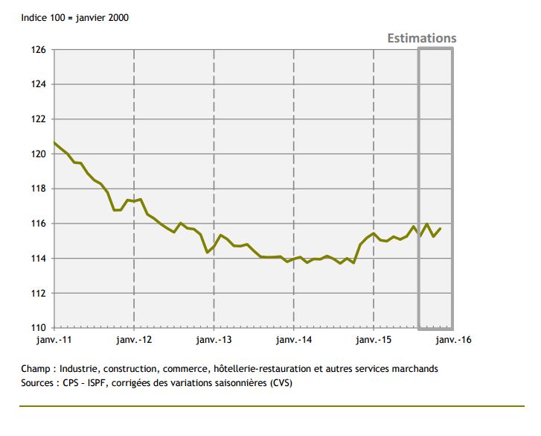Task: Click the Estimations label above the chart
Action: [421, 38]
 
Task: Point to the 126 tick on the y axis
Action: [39, 50]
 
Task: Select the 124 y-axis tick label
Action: [39, 84]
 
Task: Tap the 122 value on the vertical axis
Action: [39, 119]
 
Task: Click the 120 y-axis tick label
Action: [39, 154]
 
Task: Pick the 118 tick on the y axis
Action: [39, 189]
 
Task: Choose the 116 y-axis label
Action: [39, 224]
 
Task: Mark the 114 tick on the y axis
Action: [39, 259]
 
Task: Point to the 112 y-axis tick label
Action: [39, 293]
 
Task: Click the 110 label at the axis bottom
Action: [39, 328]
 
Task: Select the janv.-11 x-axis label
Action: [54, 340]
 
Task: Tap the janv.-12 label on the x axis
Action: [134, 340]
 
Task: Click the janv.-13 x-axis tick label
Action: [214, 340]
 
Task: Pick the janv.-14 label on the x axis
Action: [293, 340]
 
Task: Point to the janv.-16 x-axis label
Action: [452, 340]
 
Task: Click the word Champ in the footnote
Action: [35, 369]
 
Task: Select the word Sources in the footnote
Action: [38, 383]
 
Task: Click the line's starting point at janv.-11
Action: [54, 142]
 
